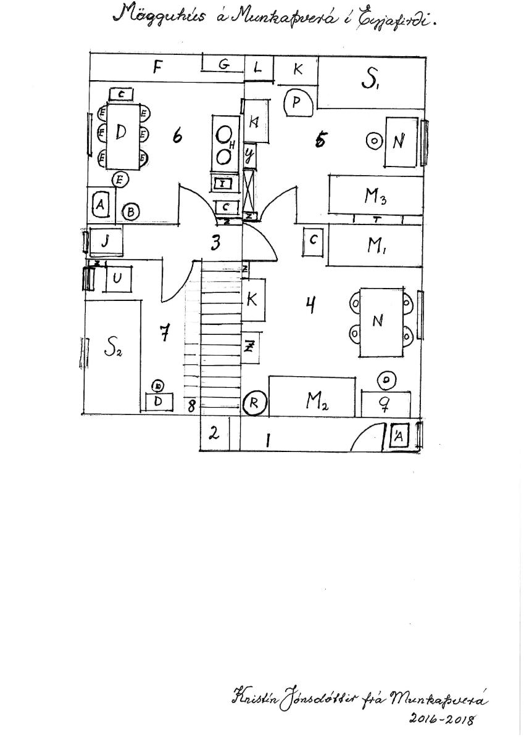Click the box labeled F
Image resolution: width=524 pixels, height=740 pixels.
[x=157, y=67]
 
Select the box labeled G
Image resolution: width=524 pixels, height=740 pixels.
[x=224, y=64]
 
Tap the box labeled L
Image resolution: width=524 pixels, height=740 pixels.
[x=258, y=67]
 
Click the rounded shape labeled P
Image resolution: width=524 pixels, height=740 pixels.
[x=297, y=102]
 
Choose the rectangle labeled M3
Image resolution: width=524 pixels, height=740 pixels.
[x=375, y=196]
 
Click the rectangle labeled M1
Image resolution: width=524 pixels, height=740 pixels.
[x=375, y=245]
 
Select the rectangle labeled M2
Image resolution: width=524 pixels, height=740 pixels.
[x=313, y=401]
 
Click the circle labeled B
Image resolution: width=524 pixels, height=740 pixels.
[x=130, y=212]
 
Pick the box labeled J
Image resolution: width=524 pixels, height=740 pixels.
[x=106, y=241]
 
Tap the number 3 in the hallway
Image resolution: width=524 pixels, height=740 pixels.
[x=215, y=242]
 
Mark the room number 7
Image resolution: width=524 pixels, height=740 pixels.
[x=164, y=333]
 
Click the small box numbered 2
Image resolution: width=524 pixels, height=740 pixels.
[x=214, y=434]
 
